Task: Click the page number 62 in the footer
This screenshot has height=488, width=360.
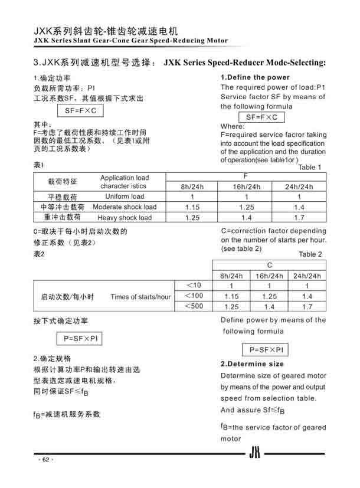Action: [45, 460]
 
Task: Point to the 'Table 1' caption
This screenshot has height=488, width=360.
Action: [310, 167]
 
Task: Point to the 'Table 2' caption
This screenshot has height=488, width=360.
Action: [310, 254]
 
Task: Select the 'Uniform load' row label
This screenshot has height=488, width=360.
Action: [125, 196]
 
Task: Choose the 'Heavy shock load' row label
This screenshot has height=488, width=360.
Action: [125, 218]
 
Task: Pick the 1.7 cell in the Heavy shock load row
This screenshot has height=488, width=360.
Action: [299, 218]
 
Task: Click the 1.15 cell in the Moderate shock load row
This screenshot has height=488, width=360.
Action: [192, 207]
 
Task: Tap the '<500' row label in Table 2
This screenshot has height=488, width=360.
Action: [194, 306]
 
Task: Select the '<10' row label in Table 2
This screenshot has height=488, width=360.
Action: [194, 286]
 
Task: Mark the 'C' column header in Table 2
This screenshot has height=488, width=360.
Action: [269, 266]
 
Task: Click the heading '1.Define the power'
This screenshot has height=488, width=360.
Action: [255, 77]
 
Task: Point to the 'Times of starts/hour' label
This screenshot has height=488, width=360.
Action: [140, 296]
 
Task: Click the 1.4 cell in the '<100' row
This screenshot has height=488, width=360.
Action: [307, 296]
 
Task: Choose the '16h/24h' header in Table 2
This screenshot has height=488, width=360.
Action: [269, 276]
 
